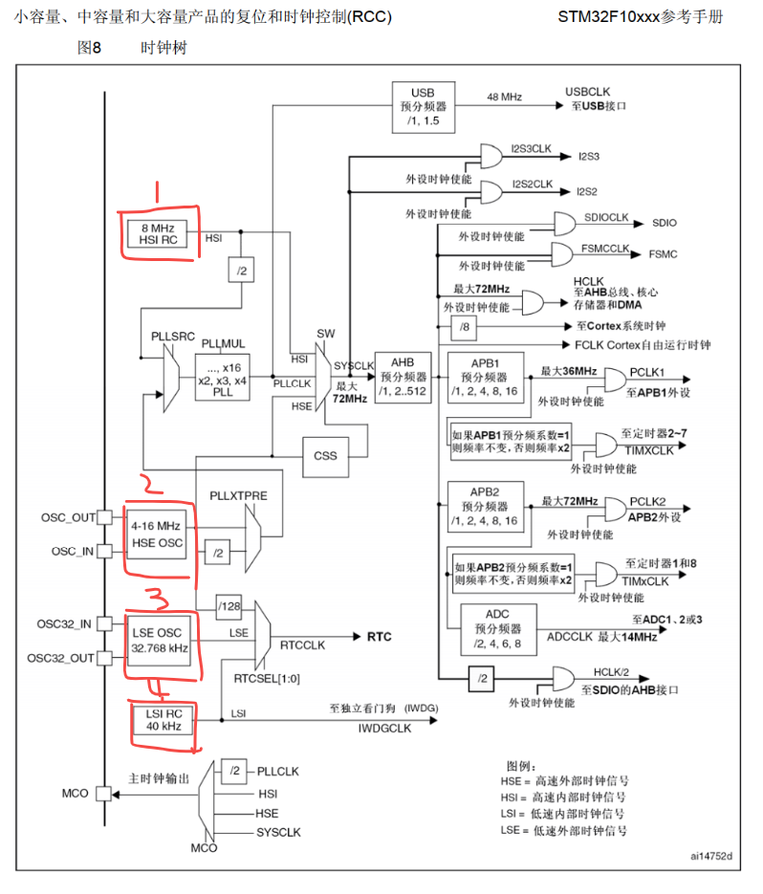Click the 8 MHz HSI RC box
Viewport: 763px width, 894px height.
(x=158, y=234)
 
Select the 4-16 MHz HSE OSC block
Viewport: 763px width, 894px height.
(x=156, y=534)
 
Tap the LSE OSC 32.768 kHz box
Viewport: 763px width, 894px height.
(x=158, y=641)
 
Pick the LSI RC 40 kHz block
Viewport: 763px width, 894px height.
(x=163, y=720)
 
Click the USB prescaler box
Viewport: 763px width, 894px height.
(x=424, y=107)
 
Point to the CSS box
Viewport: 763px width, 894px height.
(x=325, y=456)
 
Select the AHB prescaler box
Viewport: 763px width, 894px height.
(x=403, y=378)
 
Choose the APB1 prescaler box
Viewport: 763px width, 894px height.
(x=486, y=378)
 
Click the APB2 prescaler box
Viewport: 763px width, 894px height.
(x=486, y=507)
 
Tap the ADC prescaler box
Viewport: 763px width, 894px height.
(x=498, y=629)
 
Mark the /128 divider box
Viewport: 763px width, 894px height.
(x=229, y=606)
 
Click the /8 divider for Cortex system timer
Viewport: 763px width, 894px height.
(x=465, y=327)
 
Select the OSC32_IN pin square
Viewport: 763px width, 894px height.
(x=104, y=623)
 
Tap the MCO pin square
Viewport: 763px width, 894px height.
(x=104, y=794)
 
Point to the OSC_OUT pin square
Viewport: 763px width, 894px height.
(x=104, y=517)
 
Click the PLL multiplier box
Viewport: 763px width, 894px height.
(x=223, y=377)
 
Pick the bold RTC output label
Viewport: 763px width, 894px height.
(x=380, y=637)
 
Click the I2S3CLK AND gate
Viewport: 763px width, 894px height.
(x=491, y=156)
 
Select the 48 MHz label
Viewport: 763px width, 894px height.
(x=504, y=97)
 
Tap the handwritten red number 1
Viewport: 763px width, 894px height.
(x=157, y=192)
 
